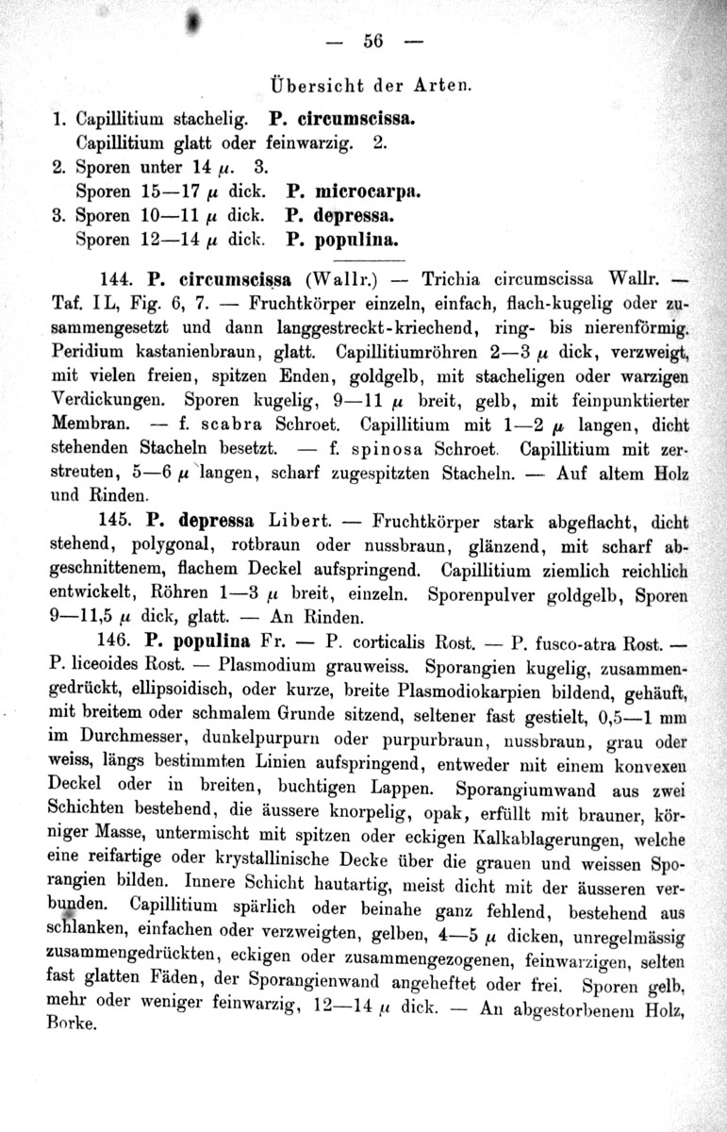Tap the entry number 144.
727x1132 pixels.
click(114, 279)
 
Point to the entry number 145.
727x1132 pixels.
click(115, 520)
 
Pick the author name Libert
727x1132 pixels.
click(298, 520)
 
